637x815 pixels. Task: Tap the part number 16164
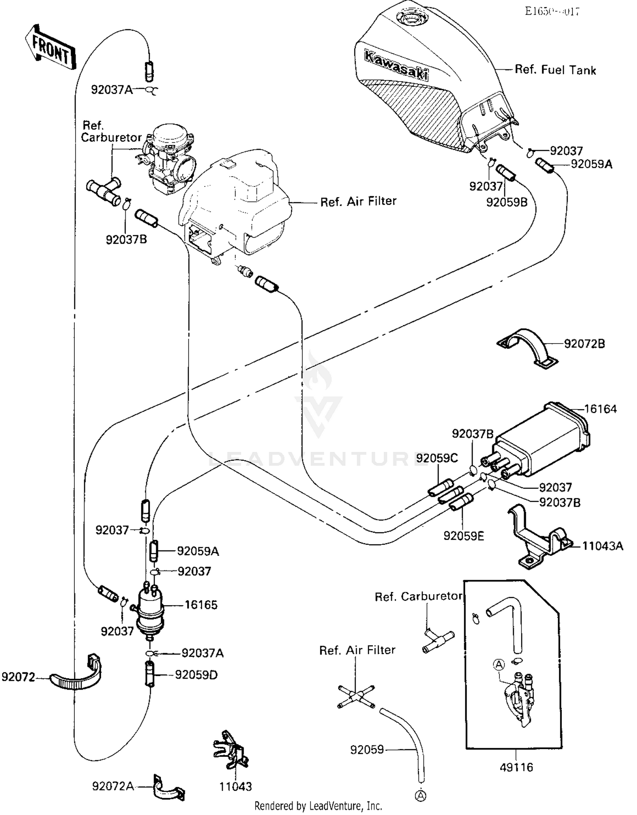tap(600, 409)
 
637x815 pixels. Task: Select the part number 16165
tap(201, 605)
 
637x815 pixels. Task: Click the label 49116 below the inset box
tap(516, 767)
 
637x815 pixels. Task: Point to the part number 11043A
tap(602, 546)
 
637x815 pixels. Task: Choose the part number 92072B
tap(584, 344)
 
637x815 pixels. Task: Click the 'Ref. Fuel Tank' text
tap(555, 70)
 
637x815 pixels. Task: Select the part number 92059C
tap(437, 458)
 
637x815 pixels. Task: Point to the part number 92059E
tap(463, 536)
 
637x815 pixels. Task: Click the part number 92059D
tap(196, 675)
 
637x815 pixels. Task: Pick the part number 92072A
tap(113, 787)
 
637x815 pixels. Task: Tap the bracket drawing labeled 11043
tap(230, 752)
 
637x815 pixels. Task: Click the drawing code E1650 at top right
tap(552, 11)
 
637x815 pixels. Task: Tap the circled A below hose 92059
tap(420, 795)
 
